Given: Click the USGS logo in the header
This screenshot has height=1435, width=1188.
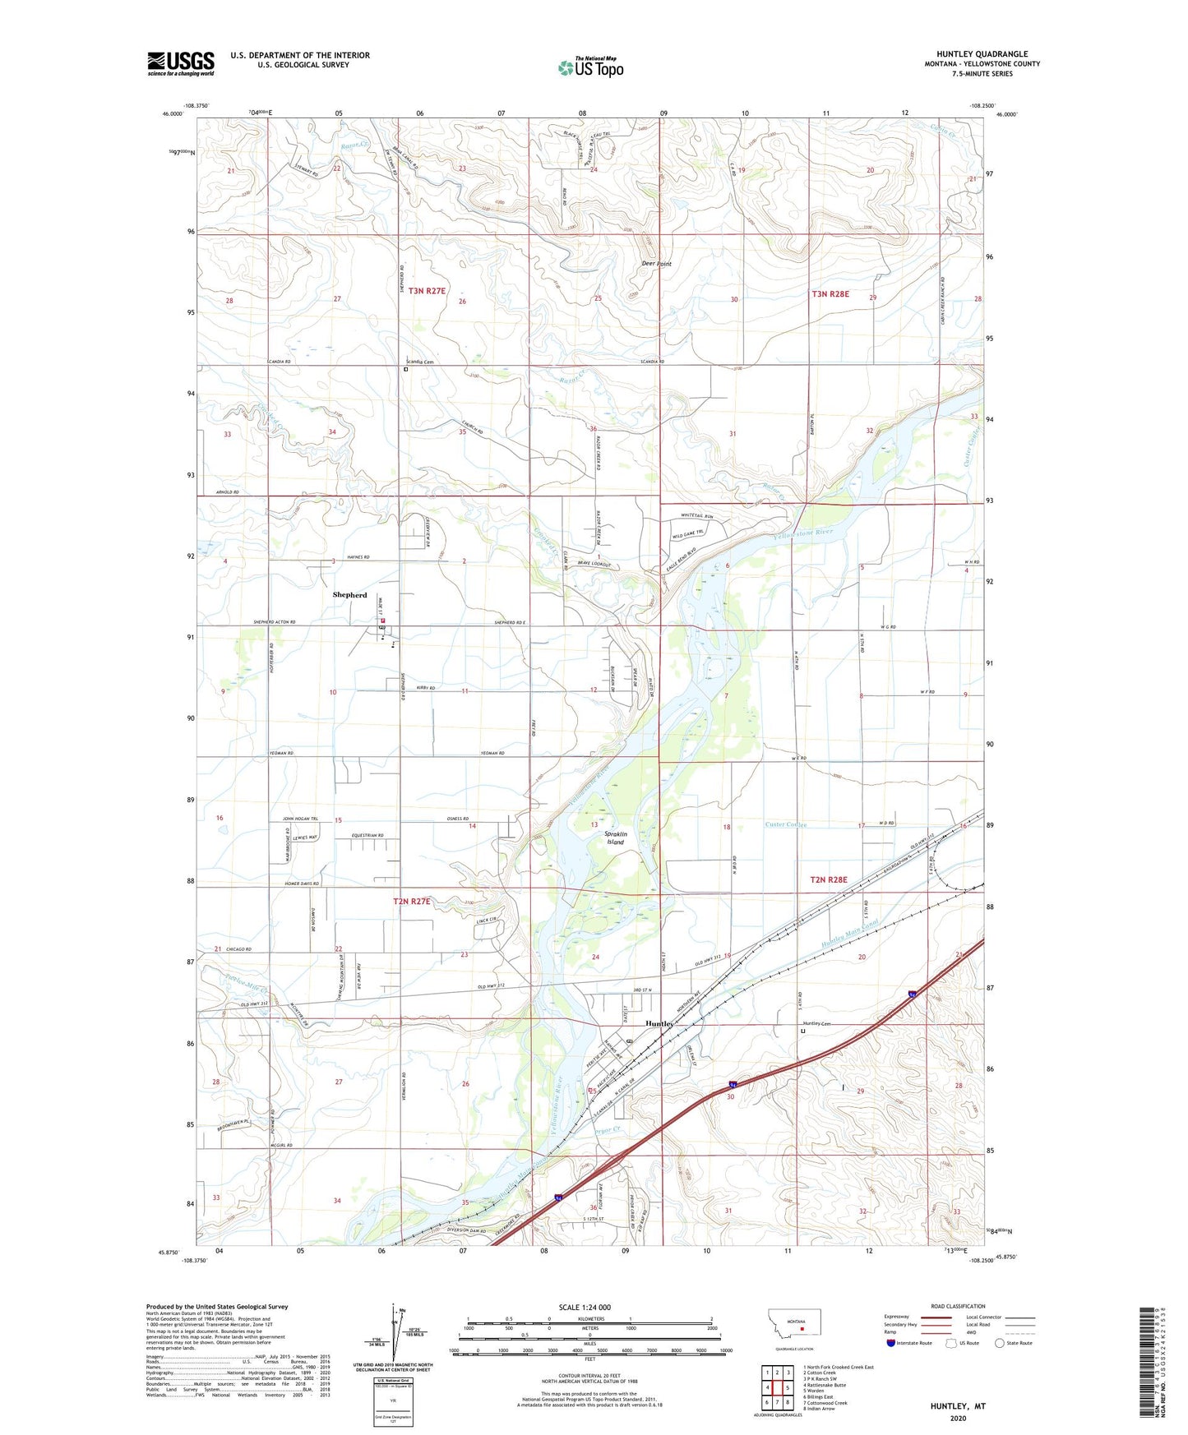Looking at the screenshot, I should [x=181, y=63].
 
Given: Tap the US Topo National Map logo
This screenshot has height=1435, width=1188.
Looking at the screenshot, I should [x=590, y=67].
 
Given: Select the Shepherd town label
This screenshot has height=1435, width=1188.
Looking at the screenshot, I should [x=349, y=594].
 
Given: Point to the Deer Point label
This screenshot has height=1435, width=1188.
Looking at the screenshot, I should [x=656, y=264].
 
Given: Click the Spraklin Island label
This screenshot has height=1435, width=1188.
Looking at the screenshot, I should [x=615, y=837].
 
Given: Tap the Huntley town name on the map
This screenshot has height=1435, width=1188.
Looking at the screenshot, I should [x=659, y=1024].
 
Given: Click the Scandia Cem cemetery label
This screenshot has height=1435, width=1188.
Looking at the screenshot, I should [x=419, y=362].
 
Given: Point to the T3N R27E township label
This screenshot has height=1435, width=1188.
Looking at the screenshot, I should [x=427, y=291].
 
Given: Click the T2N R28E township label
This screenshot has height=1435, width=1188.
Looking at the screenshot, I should [x=828, y=879].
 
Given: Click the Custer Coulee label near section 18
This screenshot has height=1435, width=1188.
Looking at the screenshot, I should [x=785, y=824].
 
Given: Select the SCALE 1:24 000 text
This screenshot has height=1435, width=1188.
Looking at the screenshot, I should [x=585, y=1307].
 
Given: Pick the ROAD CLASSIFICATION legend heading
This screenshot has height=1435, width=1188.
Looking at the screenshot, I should [x=958, y=1306].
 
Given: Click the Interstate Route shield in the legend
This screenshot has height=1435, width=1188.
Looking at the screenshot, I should [x=891, y=1343].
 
